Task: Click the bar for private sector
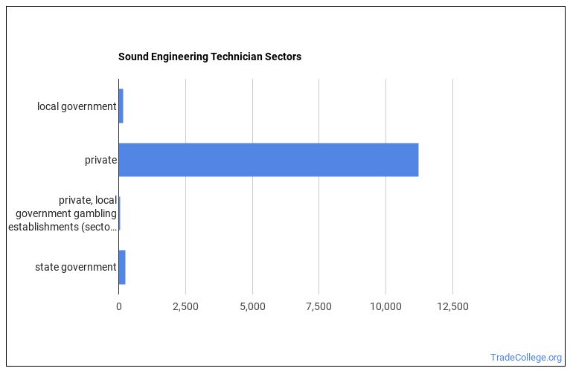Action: click(x=268, y=160)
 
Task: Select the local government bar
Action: click(x=121, y=106)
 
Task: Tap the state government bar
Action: click(x=122, y=267)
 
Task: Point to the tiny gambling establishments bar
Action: click(x=119, y=213)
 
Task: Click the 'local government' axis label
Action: click(x=77, y=106)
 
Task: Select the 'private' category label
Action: click(x=100, y=160)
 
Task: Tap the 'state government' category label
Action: click(x=75, y=267)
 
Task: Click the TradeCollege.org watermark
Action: click(x=526, y=357)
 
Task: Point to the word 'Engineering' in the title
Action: click(x=180, y=57)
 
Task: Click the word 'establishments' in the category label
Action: click(x=45, y=227)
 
